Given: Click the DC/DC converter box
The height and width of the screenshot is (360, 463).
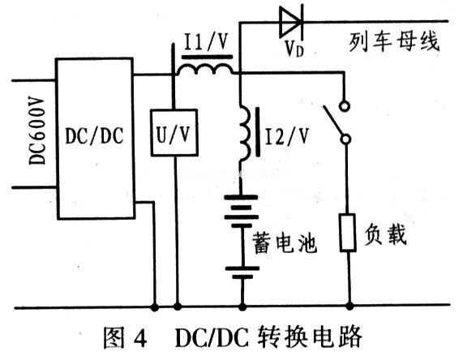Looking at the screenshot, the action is [96, 139].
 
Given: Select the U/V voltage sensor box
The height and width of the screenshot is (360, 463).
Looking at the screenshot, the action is [174, 133].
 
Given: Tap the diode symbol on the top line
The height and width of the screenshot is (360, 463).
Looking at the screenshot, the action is [291, 21].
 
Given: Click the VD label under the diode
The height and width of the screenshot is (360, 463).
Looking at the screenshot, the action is [294, 49].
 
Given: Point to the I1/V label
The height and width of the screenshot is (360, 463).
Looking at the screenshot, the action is [206, 41].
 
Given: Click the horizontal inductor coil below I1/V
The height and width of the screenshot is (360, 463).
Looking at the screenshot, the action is [205, 70].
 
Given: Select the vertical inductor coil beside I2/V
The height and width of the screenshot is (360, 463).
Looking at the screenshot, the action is [245, 134].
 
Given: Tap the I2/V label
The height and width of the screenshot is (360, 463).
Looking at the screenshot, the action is [287, 136].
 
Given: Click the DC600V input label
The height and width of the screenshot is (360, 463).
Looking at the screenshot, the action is [37, 131].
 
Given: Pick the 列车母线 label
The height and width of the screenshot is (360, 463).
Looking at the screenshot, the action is [394, 41].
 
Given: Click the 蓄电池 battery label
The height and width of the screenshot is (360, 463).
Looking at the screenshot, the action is [285, 243].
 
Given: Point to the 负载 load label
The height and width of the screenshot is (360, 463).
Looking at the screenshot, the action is [385, 234].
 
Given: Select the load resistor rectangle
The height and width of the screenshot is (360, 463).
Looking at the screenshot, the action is [348, 233].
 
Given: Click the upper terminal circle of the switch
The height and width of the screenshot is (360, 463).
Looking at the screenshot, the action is [345, 105].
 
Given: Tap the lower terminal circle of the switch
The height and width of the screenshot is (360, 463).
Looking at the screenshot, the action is [345, 139].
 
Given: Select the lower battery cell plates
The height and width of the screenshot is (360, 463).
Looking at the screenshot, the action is [242, 272].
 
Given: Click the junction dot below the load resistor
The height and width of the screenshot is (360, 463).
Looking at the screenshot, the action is [349, 306].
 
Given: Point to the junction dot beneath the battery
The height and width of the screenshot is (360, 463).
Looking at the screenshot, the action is [242, 307].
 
